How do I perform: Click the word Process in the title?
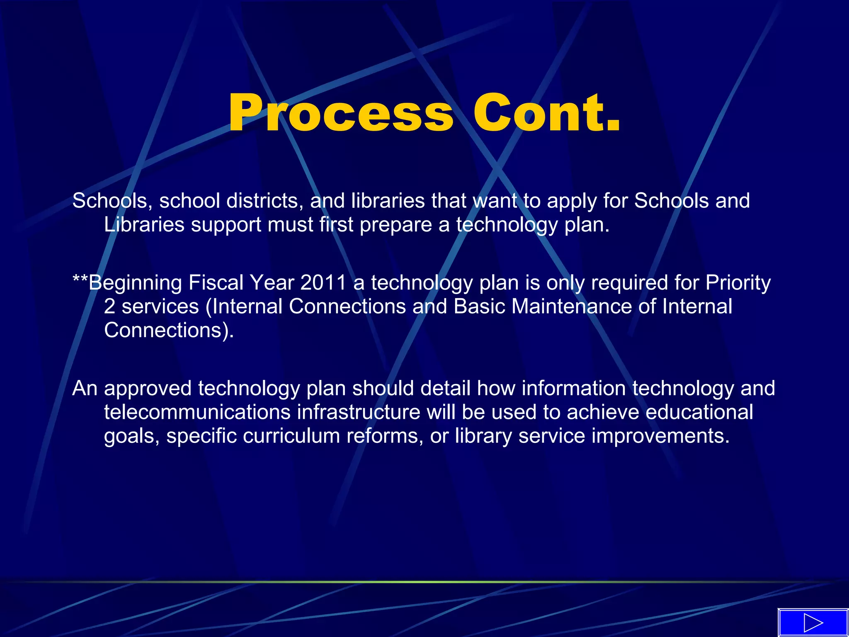pyautogui.click(x=341, y=113)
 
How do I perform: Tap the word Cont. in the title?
pyautogui.click(x=547, y=113)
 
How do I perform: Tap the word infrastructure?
pyautogui.click(x=359, y=413)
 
